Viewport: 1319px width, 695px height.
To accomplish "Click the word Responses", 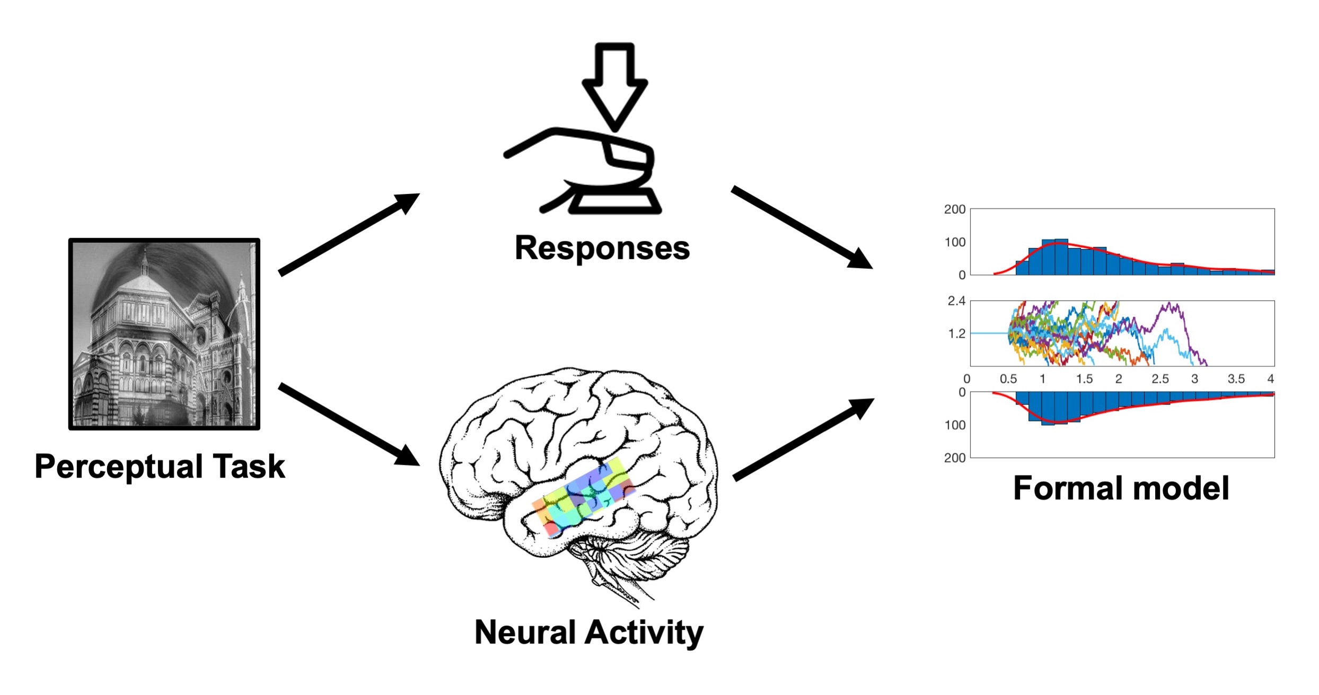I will tap(602, 248).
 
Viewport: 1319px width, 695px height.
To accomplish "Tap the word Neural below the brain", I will tap(525, 632).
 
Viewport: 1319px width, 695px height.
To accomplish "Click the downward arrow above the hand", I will tap(614, 85).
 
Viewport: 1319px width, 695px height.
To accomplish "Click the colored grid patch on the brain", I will tap(583, 496).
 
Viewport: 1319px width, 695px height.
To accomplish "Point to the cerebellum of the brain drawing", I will tap(631, 557).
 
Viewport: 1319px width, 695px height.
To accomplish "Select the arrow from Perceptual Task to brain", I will tap(349, 424).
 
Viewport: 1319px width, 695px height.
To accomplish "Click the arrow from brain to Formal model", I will tap(803, 439).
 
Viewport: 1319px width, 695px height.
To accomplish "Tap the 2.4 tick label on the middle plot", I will tap(956, 301).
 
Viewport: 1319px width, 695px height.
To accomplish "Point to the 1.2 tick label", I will tap(956, 334).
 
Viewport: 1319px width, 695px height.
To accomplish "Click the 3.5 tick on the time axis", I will tap(1236, 379).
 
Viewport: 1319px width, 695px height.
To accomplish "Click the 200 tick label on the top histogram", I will tap(954, 209).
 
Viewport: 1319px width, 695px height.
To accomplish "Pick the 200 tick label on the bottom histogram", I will tap(954, 458).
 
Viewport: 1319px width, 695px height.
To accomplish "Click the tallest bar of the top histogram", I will tap(1061, 258).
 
